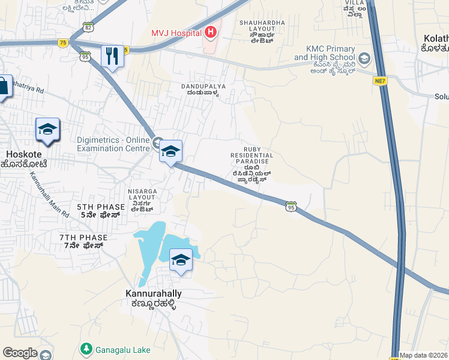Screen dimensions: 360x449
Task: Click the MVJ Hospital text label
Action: [x=176, y=33]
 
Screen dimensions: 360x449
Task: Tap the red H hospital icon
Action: [x=210, y=32]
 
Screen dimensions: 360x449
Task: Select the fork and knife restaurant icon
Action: [x=112, y=56]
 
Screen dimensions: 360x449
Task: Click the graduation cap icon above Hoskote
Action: [x=47, y=130]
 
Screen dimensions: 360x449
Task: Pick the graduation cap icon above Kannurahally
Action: [x=181, y=260]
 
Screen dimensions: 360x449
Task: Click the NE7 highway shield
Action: [x=379, y=80]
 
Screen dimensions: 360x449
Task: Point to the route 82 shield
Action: [x=88, y=28]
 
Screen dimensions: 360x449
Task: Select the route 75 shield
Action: [x=63, y=42]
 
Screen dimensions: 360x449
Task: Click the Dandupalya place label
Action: [x=203, y=89]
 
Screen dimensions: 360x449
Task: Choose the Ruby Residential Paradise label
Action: [x=252, y=163]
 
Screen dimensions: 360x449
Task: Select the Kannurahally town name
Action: [x=154, y=298]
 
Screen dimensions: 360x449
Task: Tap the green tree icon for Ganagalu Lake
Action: [x=86, y=348]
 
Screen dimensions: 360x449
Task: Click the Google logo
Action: [x=20, y=353]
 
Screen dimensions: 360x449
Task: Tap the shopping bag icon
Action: [x=3, y=86]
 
